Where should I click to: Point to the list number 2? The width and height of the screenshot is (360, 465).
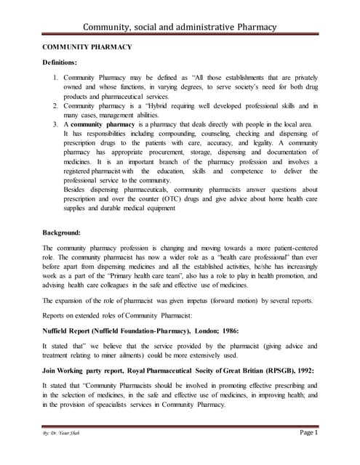click(x=56, y=105)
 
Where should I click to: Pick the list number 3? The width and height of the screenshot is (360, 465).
click(x=56, y=124)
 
